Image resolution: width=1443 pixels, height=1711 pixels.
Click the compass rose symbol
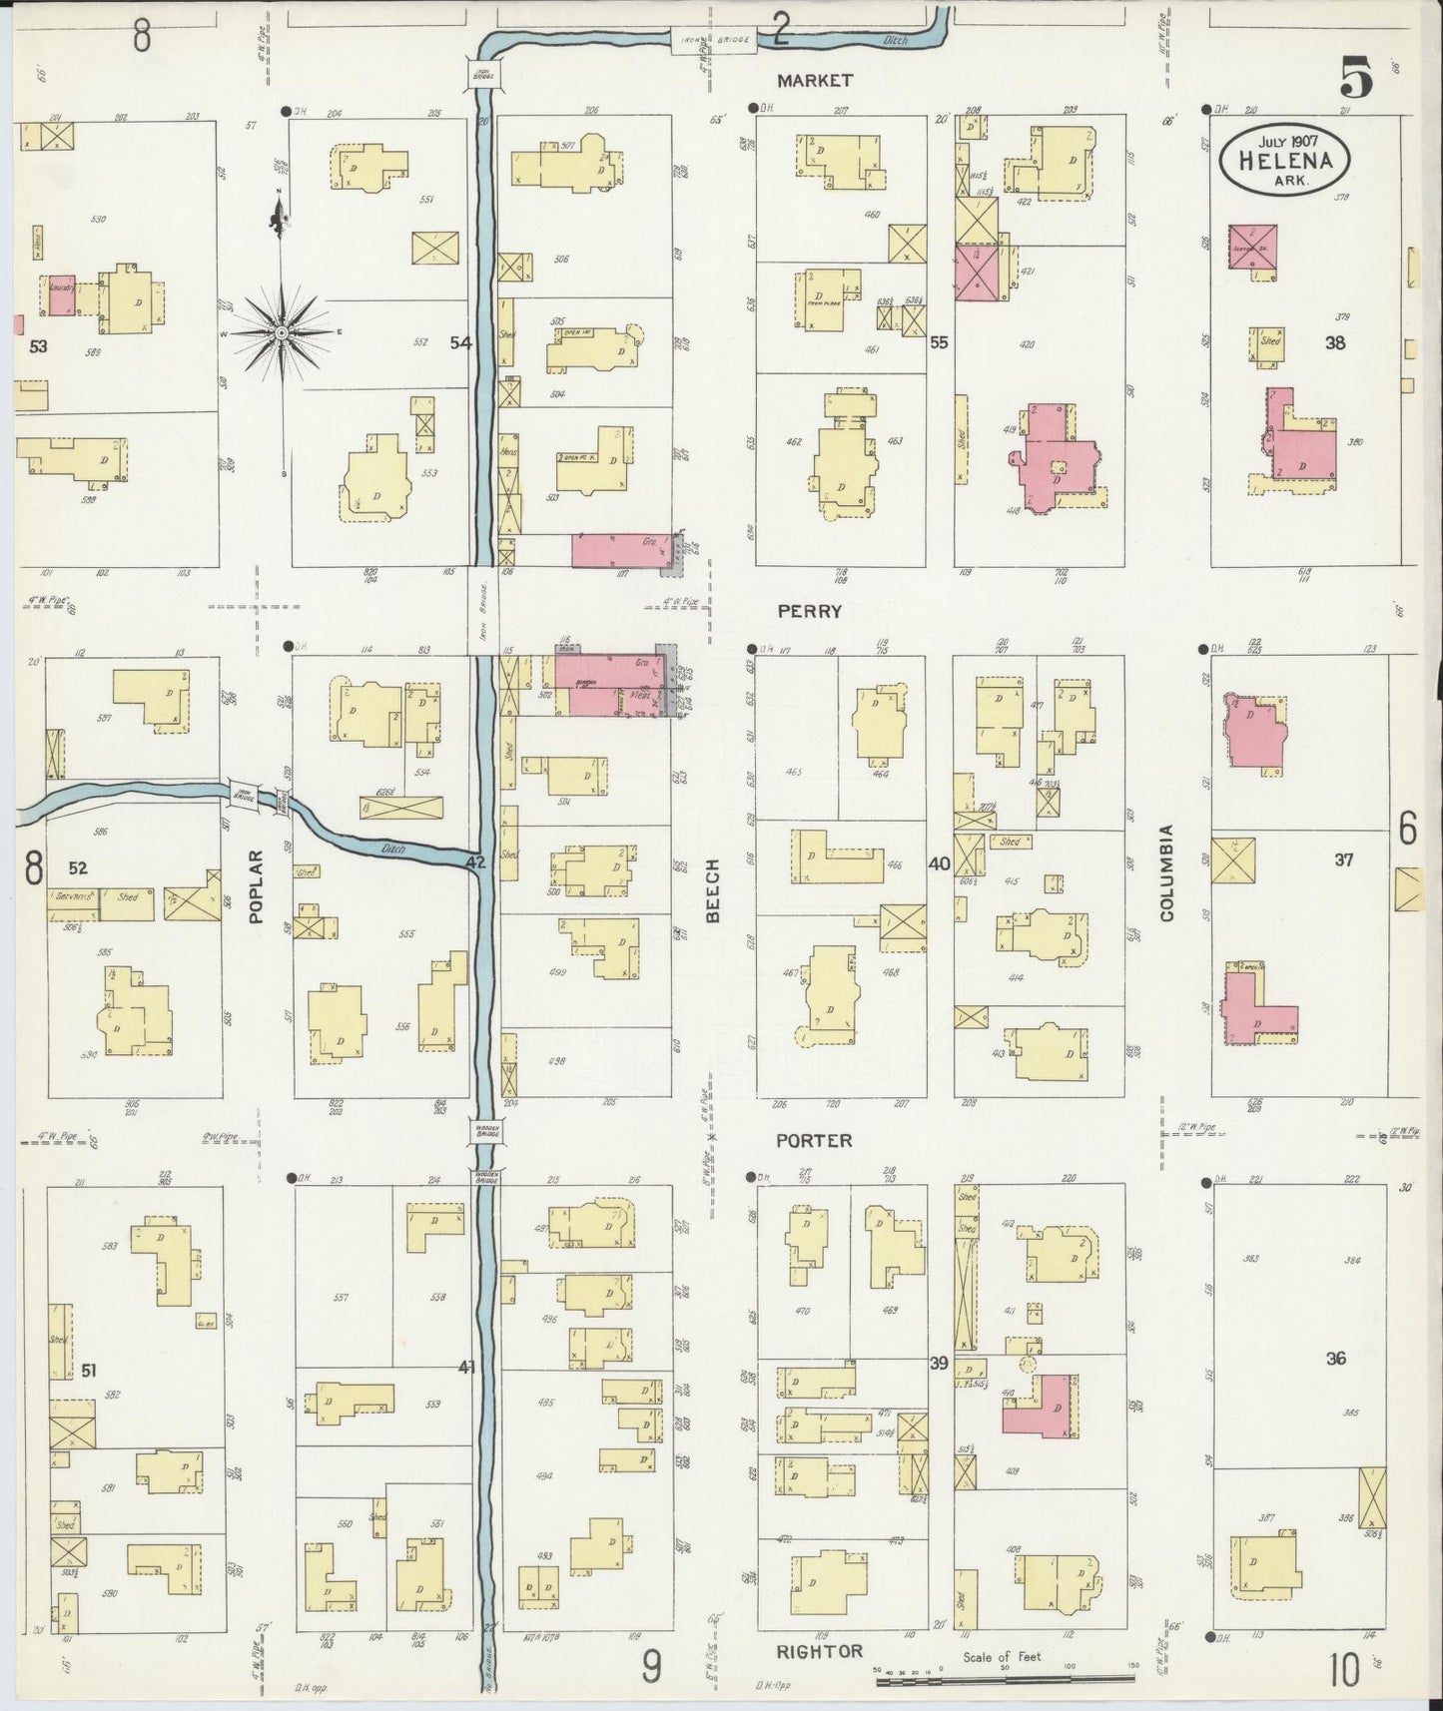282,330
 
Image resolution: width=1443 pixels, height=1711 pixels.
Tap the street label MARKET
817,80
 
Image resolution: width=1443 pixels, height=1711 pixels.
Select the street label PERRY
817,610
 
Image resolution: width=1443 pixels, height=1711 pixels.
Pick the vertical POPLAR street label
256,885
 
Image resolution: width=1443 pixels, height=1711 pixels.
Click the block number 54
460,342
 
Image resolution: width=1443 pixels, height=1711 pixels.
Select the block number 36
1336,1358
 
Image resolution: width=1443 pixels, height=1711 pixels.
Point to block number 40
939,863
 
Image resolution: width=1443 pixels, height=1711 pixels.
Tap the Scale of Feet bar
1007,1682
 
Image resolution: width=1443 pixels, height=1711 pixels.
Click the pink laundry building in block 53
61,295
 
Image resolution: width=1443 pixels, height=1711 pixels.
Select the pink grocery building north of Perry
617,552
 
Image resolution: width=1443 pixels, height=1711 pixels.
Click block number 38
1334,342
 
